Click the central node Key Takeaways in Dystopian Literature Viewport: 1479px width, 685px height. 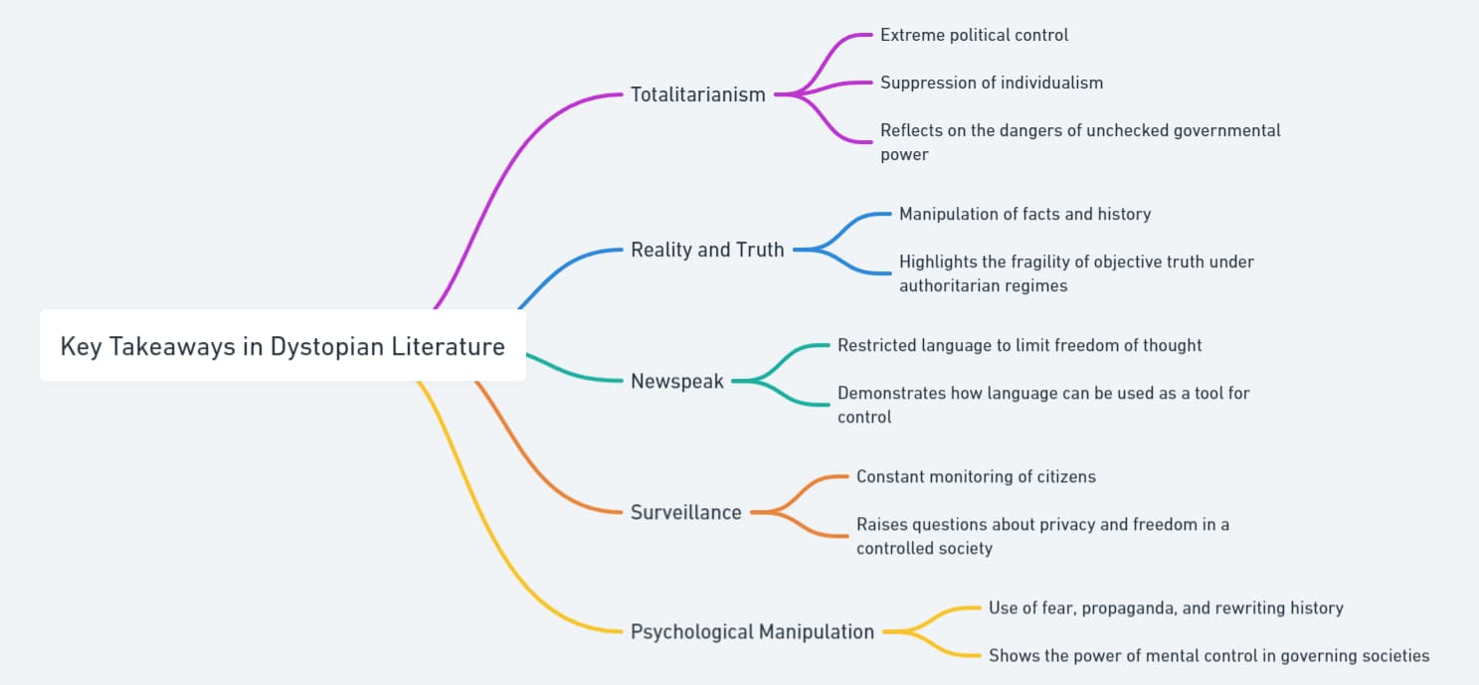click(282, 346)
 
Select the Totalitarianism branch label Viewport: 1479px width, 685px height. click(697, 94)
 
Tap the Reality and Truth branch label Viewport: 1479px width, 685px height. click(707, 250)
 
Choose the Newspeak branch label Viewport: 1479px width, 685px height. click(677, 381)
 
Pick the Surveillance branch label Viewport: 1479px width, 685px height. click(685, 512)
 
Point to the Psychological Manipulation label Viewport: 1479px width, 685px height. click(752, 631)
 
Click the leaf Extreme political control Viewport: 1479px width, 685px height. click(974, 35)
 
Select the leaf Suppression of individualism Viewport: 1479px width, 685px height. click(991, 83)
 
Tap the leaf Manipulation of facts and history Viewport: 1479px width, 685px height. click(1024, 214)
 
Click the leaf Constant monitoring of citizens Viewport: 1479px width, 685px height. click(976, 476)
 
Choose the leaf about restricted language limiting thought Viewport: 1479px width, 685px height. click(1018, 345)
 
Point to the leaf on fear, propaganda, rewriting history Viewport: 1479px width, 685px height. click(1165, 607)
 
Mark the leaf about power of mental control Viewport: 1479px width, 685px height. click(1208, 655)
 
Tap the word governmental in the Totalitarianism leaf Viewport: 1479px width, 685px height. click(1221, 130)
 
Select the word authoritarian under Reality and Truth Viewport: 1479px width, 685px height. click(952, 285)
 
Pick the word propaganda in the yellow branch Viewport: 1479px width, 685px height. click(1127, 607)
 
